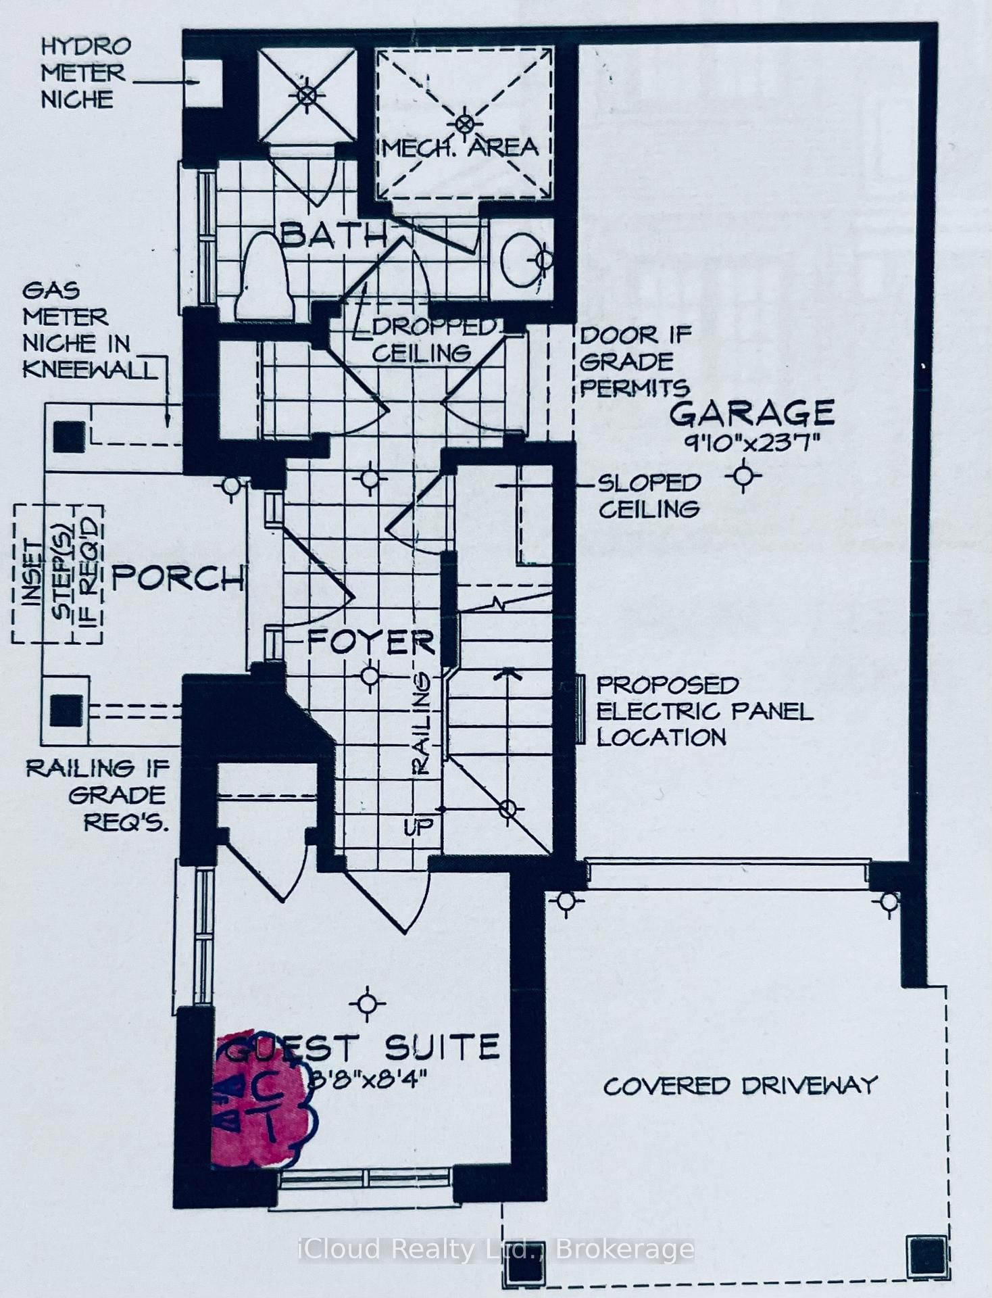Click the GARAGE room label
pos(751,413)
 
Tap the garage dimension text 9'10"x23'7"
pos(751,444)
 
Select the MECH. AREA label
pos(461,147)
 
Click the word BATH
pos(332,235)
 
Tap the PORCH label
pos(177,578)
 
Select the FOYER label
pos(370,642)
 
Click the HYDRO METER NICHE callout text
pos(84,73)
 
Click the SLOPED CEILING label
pos(649,496)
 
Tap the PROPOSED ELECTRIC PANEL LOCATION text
pos(703,711)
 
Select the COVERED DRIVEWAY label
pos(740,1086)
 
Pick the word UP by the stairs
pos(418,826)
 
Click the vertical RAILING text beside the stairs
pos(421,722)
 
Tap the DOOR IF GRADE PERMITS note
pos(634,362)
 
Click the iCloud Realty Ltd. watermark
pos(496,1249)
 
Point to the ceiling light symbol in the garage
pos(743,476)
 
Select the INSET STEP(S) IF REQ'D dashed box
pos(57,573)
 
